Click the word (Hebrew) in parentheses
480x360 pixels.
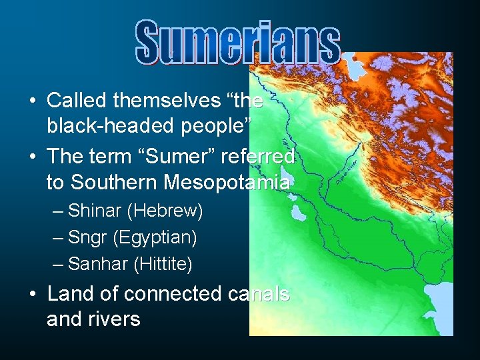coord(166,211)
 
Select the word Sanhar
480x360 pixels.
coord(98,264)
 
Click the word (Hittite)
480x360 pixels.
coord(163,264)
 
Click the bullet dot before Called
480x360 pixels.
coord(32,101)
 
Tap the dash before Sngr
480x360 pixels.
coord(58,237)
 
